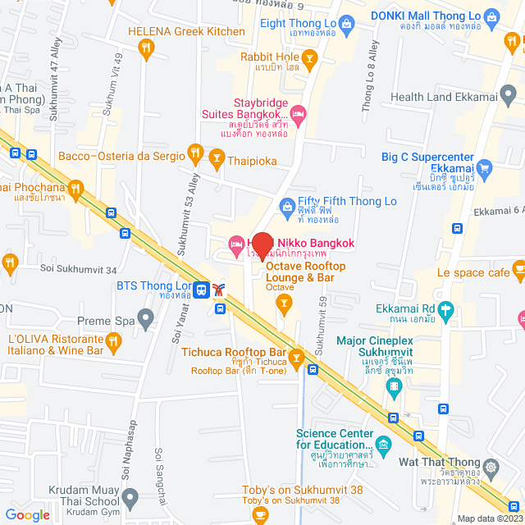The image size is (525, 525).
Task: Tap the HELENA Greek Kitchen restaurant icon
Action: click(147, 49)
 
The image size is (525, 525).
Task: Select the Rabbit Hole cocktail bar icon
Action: click(309, 57)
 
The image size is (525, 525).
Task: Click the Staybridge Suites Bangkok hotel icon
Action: click(299, 112)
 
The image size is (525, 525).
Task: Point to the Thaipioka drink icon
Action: click(217, 156)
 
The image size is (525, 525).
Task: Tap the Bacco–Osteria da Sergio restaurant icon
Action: click(194, 153)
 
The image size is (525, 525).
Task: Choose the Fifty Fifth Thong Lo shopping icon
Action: click(286, 205)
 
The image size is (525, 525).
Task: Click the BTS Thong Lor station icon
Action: click(200, 288)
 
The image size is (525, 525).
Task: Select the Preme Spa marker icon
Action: click(146, 316)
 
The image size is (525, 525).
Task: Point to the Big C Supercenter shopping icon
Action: click(484, 171)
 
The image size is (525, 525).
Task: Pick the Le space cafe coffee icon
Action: click(518, 269)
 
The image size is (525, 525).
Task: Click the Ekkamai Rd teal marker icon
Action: click(446, 311)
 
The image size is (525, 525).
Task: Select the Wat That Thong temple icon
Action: click(491, 467)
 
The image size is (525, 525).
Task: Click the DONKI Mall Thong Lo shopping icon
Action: click(491, 16)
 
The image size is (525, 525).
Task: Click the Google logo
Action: click(27, 514)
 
